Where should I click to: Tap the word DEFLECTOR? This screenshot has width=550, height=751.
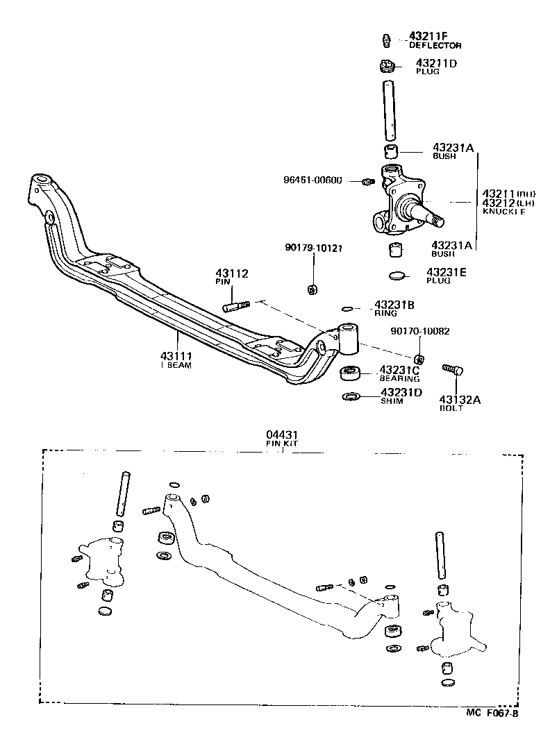435,45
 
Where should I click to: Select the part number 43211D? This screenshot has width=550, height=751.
436,63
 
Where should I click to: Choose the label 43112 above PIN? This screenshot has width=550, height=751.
232,274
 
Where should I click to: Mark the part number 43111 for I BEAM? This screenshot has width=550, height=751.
178,356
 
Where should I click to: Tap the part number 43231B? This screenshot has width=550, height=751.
394,305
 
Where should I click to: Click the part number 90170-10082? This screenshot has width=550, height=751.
419,331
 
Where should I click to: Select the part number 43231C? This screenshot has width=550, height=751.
399,370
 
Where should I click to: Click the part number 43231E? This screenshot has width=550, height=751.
447,272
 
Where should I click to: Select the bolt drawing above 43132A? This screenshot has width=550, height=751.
453,370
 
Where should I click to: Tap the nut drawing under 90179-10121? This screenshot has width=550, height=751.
312,288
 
